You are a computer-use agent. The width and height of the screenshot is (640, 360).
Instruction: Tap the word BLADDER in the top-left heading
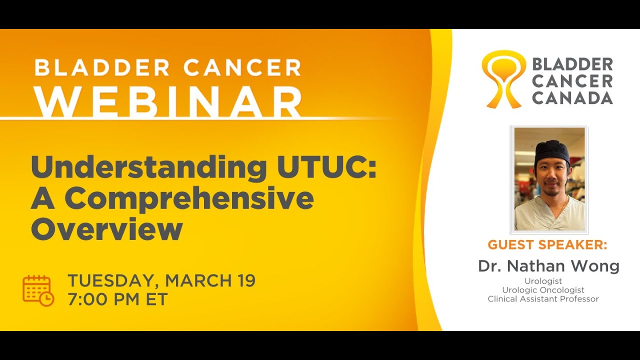[x=100, y=67]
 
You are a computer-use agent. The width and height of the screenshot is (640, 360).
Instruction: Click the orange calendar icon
[x=38, y=290]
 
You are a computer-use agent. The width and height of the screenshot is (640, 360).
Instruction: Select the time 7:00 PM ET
[x=117, y=299]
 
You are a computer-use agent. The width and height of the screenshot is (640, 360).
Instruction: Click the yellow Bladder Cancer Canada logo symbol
[x=503, y=79]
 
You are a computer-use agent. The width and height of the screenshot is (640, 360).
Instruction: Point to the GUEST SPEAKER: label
[x=547, y=245]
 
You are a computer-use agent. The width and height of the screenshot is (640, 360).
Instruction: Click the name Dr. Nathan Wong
[x=548, y=266]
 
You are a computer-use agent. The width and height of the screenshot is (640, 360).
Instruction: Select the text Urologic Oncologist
[x=543, y=290]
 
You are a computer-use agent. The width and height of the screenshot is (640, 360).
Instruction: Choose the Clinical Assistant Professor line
[x=543, y=299]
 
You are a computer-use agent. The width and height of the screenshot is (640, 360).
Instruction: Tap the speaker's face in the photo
[x=551, y=175]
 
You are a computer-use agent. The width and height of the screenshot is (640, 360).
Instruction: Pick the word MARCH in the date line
[x=197, y=281]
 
